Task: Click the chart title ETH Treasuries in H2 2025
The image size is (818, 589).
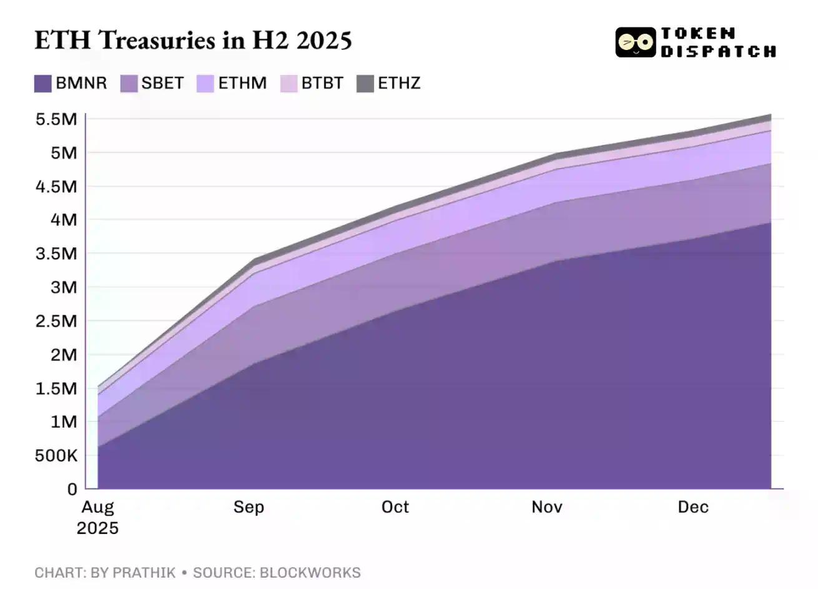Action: [x=193, y=40]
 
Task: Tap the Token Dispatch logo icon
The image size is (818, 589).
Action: [x=635, y=42]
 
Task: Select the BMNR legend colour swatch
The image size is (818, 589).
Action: [x=42, y=83]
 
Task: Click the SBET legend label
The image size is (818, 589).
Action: [x=162, y=83]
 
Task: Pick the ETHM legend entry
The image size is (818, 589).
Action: [x=232, y=83]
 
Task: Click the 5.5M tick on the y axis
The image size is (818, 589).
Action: [x=56, y=119]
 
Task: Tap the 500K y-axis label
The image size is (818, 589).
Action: [x=56, y=456]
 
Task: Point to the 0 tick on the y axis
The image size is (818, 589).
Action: [x=72, y=490]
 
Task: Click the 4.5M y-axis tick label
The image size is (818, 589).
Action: [x=56, y=187]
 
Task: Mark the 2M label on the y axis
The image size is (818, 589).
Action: [x=62, y=355]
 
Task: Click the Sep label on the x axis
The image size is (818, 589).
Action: [x=249, y=507]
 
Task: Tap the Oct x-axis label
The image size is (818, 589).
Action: [x=395, y=507]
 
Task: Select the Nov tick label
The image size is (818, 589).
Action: [x=546, y=507]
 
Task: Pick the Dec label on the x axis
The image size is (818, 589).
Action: [x=693, y=507]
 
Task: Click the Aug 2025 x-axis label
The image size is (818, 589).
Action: [x=97, y=517]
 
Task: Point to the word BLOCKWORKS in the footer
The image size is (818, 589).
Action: [x=310, y=573]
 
